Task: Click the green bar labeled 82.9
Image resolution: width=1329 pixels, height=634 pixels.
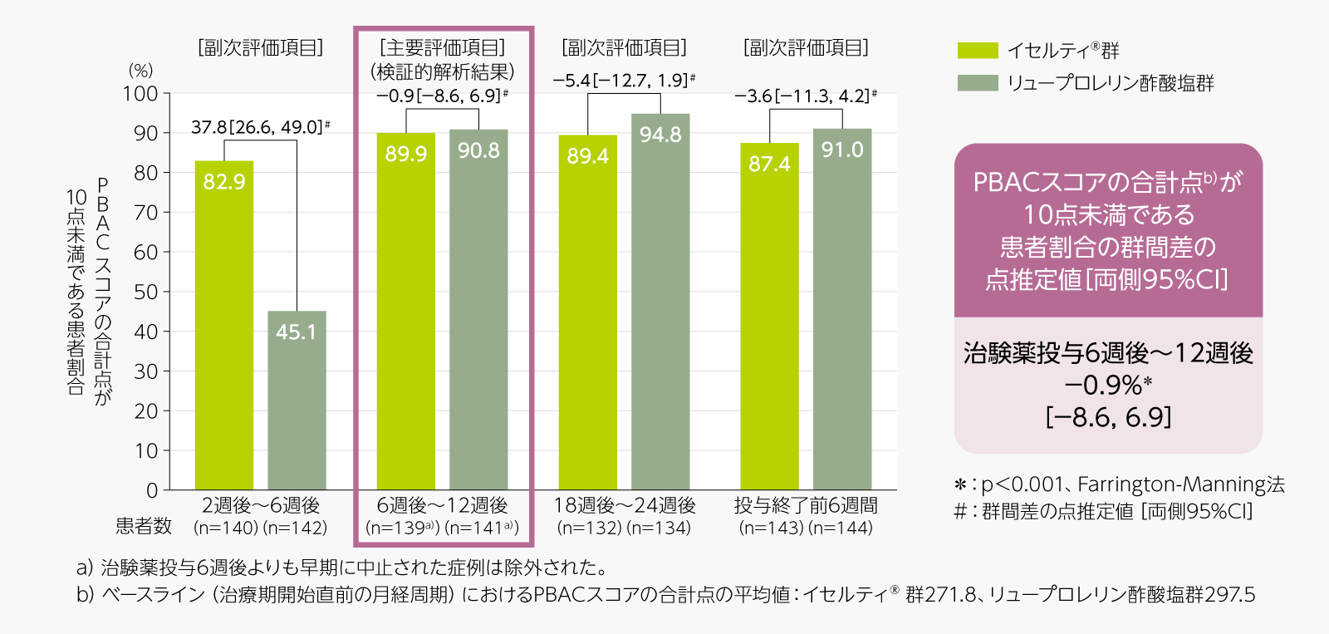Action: click(x=223, y=324)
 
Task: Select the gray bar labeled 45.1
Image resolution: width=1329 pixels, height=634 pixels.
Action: click(x=297, y=400)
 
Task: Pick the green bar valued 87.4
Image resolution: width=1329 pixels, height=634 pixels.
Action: click(x=769, y=316)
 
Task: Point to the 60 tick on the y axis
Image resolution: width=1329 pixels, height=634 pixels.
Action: click(x=146, y=252)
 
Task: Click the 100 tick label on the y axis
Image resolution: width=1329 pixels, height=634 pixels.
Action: click(x=140, y=94)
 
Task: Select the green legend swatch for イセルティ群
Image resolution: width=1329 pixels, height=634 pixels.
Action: click(x=977, y=51)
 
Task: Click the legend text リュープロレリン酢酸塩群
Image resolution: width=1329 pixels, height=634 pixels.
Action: click(x=1111, y=83)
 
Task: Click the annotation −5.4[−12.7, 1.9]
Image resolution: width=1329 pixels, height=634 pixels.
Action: click(x=622, y=81)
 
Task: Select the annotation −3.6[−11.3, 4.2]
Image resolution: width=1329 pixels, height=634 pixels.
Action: click(x=804, y=96)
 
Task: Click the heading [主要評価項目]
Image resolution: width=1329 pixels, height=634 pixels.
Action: click(x=442, y=48)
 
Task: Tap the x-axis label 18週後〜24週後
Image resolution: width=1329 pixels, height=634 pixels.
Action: click(x=624, y=505)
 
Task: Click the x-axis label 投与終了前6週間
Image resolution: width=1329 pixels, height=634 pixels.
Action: click(x=806, y=505)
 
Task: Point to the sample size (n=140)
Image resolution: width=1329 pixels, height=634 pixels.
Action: click(x=225, y=528)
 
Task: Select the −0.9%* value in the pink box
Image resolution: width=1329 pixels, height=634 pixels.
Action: click(x=1108, y=386)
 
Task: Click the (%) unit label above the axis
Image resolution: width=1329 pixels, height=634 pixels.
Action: click(x=140, y=71)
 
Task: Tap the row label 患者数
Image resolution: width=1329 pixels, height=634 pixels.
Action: click(x=144, y=526)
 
